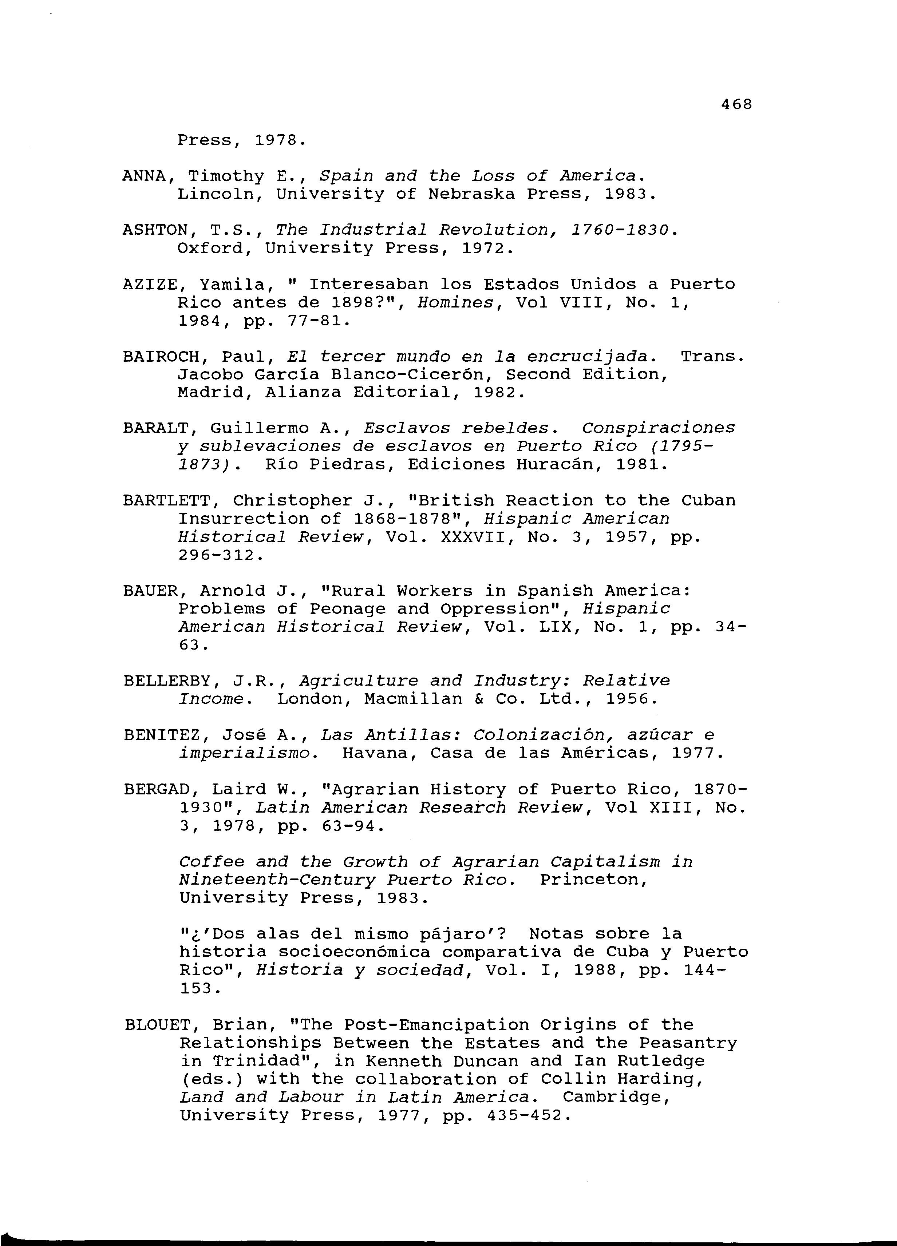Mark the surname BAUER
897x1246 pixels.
(x=150, y=591)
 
